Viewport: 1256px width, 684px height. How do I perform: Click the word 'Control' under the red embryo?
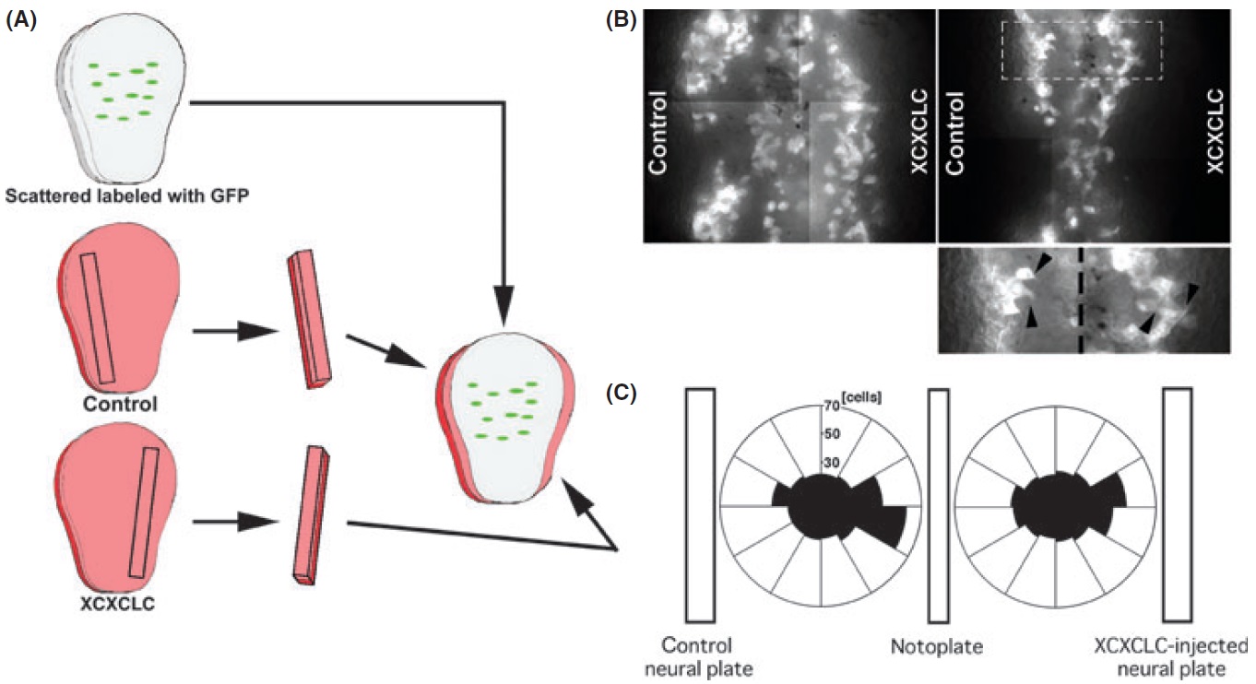click(x=118, y=404)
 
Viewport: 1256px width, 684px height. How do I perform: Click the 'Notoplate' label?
click(x=937, y=646)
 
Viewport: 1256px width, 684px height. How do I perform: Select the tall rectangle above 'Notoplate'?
click(x=938, y=504)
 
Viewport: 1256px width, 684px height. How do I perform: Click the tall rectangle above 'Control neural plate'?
click(x=701, y=504)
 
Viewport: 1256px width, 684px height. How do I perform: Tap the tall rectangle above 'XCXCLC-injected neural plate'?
click(x=1178, y=504)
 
